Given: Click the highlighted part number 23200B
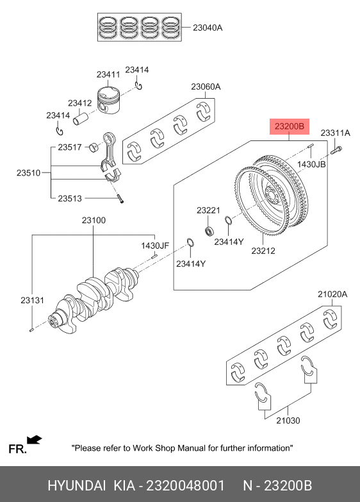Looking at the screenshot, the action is coord(290,126).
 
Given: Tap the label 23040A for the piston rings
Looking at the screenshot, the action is coord(208,28).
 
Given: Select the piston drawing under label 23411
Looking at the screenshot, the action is coord(108,100).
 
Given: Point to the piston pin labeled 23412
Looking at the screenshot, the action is coord(80,118).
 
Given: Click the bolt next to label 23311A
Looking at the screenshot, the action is coord(336,150).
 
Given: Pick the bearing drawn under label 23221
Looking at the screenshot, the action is coord(209,231).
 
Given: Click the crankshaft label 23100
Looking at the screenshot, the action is coord(94,221).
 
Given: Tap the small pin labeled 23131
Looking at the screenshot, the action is coord(31,330).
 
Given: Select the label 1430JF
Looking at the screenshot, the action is coord(155,246).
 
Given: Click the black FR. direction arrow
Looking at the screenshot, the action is coord(34,440).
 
